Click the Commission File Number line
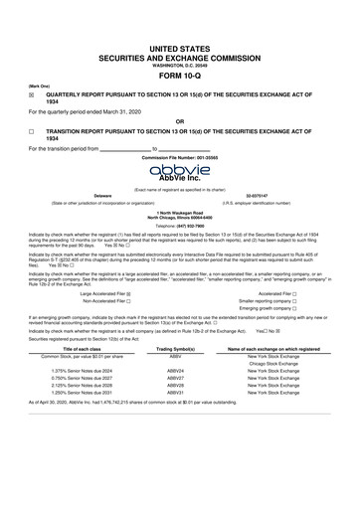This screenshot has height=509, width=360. point(180,158)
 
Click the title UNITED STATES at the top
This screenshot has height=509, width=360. point(180,33)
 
